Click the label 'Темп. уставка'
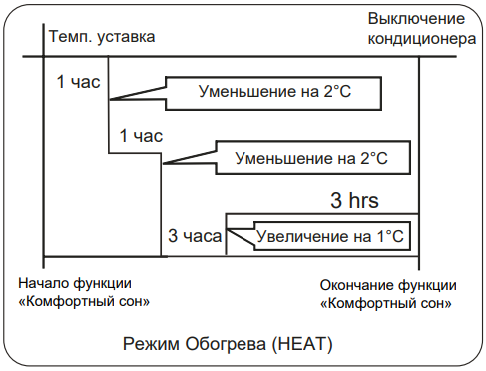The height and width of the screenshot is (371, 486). tap(102, 37)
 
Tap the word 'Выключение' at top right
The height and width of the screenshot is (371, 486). tap(416, 18)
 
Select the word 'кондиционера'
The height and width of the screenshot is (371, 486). tap(422, 39)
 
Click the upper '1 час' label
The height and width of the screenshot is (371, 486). tap(78, 82)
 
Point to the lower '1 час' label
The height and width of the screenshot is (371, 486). tap(141, 136)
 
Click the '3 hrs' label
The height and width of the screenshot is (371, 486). tap(354, 200)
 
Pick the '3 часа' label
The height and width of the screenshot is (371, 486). tap(195, 236)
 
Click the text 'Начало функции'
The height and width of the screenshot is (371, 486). tap(75, 283)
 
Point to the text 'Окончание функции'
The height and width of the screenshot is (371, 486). tap(388, 285)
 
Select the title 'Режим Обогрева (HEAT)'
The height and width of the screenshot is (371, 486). tap(228, 344)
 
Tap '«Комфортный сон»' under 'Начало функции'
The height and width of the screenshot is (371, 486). tap(84, 301)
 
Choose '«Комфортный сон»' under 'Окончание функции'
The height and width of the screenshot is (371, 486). tap(386, 303)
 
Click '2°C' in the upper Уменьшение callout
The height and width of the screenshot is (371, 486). tap(337, 92)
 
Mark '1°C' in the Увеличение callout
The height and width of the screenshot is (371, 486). tap(390, 236)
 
